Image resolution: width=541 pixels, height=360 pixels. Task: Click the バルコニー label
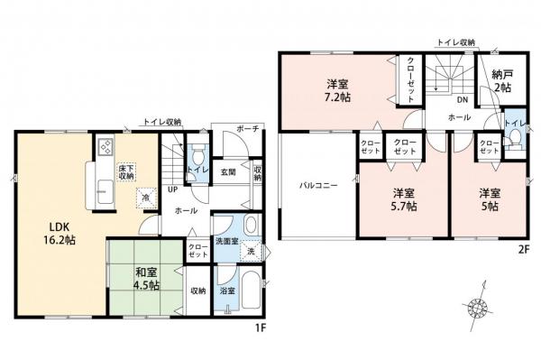coord(318,184)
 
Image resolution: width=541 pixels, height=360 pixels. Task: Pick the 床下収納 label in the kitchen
coord(126,172)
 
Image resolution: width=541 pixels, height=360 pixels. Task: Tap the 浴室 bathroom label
coord(228,291)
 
